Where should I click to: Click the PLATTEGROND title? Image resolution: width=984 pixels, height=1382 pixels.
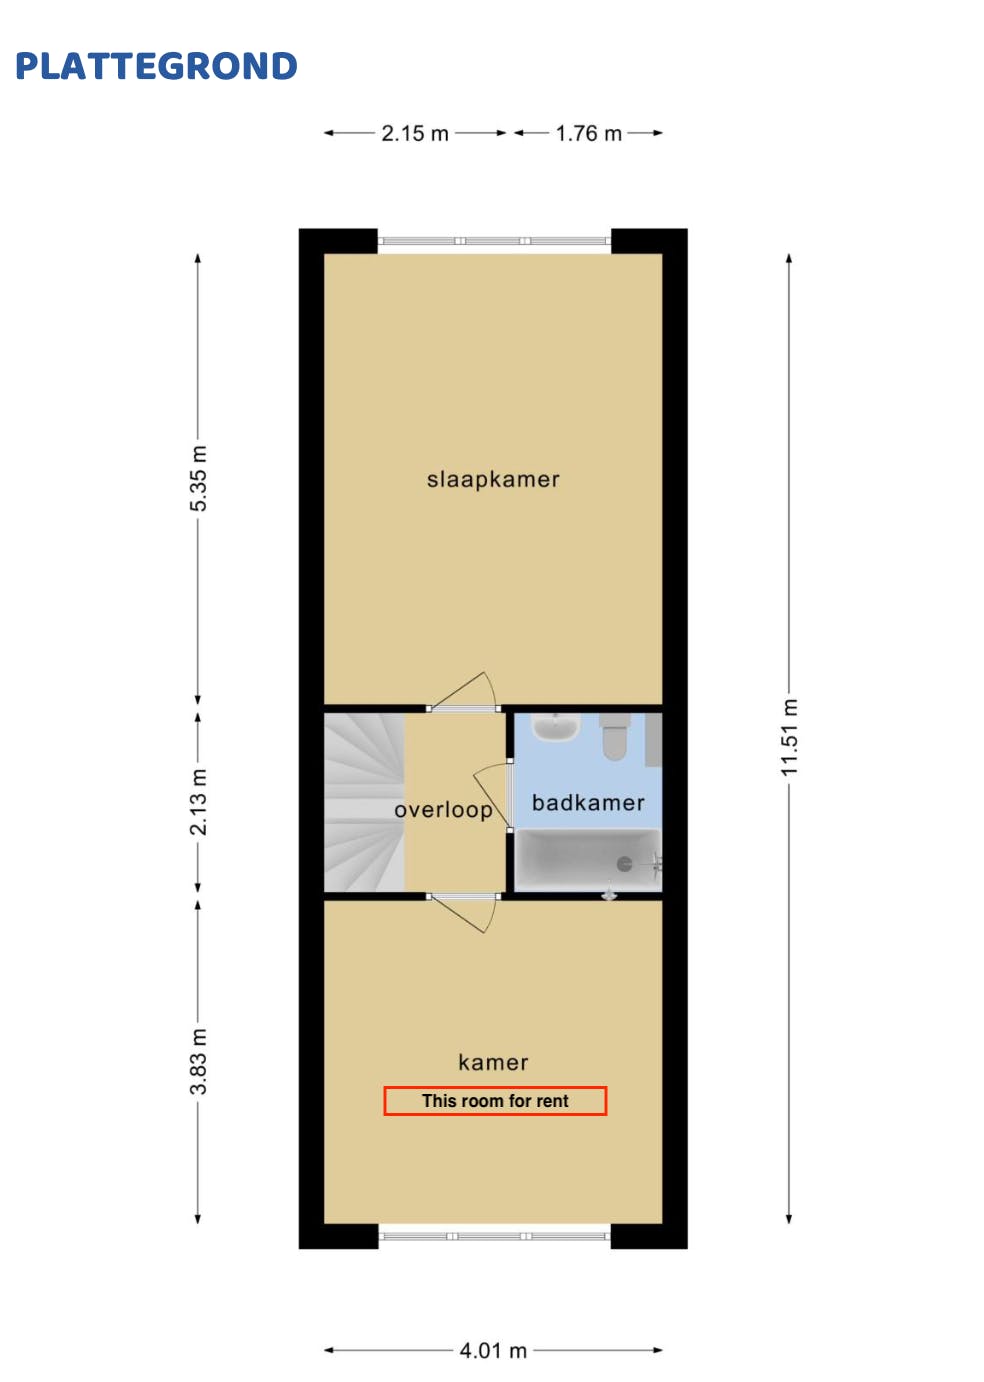pyautogui.click(x=156, y=66)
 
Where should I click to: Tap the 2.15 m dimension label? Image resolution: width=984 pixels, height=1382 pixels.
pyautogui.click(x=415, y=133)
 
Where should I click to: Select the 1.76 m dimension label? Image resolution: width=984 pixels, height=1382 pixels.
pyautogui.click(x=588, y=133)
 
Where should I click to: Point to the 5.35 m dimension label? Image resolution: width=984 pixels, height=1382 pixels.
pyautogui.click(x=199, y=478)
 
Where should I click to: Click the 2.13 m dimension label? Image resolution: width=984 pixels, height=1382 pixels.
pyautogui.click(x=199, y=802)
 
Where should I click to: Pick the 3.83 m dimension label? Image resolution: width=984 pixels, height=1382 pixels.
pyautogui.click(x=199, y=1061)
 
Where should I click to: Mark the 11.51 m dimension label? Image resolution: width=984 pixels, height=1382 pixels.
pyautogui.click(x=790, y=737)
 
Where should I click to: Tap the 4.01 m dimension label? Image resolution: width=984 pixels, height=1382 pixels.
pyautogui.click(x=493, y=1350)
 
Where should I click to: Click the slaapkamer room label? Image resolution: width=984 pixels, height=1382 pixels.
pyautogui.click(x=493, y=479)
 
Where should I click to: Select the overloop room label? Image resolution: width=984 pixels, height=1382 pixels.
pyautogui.click(x=443, y=810)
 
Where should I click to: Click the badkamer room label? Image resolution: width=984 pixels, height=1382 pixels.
pyautogui.click(x=588, y=802)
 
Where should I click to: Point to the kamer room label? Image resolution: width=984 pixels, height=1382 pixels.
pyautogui.click(x=493, y=1062)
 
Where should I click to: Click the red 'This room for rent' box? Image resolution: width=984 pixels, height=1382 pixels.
pyautogui.click(x=495, y=1101)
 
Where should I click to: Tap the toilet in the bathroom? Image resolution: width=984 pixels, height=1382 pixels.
pyautogui.click(x=614, y=736)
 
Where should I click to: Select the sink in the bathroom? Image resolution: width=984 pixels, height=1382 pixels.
pyautogui.click(x=555, y=727)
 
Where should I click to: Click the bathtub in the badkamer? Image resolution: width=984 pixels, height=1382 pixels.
pyautogui.click(x=585, y=860)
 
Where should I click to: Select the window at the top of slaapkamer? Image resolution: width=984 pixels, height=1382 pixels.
pyautogui.click(x=494, y=241)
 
